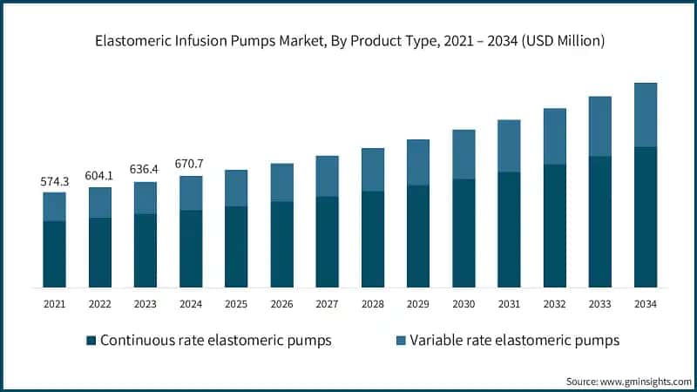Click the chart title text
[x=348, y=40]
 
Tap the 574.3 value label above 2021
[x=54, y=181]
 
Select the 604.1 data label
[x=99, y=175]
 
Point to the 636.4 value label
[x=145, y=170]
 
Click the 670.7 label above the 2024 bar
[x=190, y=164]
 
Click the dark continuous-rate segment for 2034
[x=646, y=217]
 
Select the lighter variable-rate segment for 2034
[x=646, y=115]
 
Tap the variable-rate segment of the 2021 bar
[x=54, y=206]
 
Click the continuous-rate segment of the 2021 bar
[x=54, y=254]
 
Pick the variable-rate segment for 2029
[x=418, y=162]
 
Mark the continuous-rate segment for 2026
[x=281, y=245]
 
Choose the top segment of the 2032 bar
[x=555, y=136]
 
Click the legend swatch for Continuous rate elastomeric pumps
[x=90, y=341]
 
